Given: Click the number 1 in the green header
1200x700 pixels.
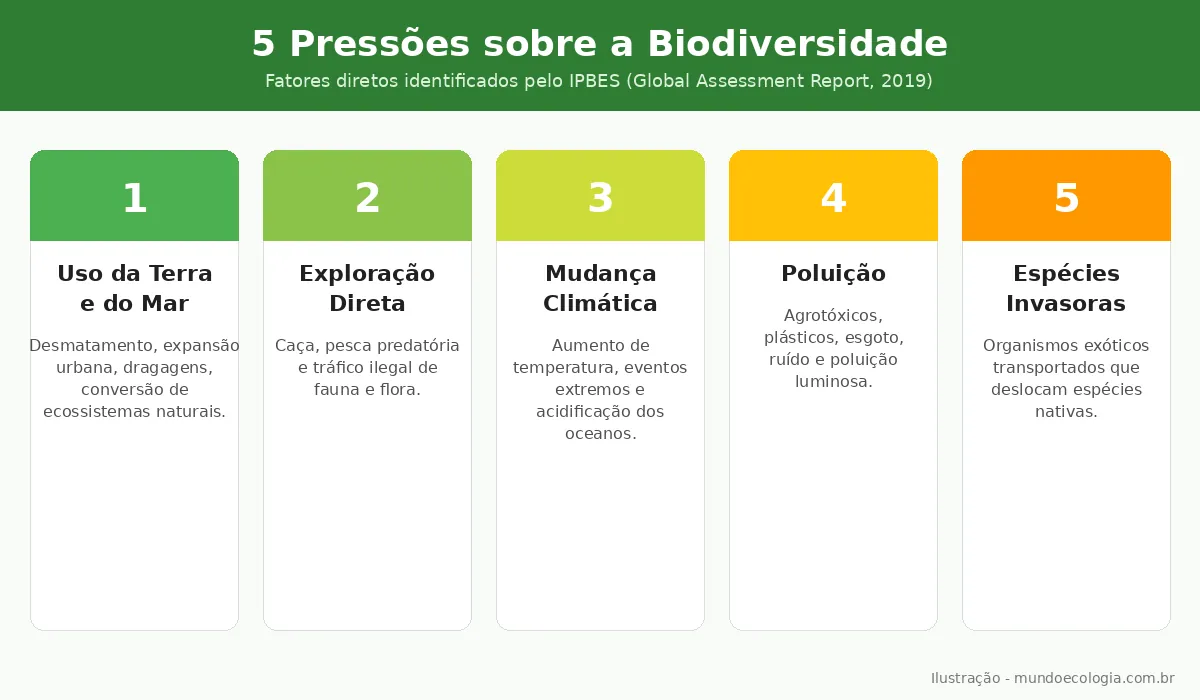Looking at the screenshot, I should pyautogui.click(x=134, y=198).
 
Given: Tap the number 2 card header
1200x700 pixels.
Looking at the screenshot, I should pyautogui.click(x=367, y=198).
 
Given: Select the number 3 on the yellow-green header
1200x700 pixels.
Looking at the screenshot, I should pyautogui.click(x=600, y=198).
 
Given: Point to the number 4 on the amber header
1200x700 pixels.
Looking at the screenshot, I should pyautogui.click(x=833, y=198).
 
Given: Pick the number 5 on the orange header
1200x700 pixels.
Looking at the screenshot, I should pyautogui.click(x=1066, y=198).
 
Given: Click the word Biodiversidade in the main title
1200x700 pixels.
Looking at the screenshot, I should pyautogui.click(x=797, y=44).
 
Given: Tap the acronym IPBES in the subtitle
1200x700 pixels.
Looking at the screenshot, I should pyautogui.click(x=594, y=81).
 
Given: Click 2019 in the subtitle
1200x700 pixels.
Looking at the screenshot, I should pyautogui.click(x=904, y=81).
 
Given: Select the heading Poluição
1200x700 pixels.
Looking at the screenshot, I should pyautogui.click(x=833, y=273).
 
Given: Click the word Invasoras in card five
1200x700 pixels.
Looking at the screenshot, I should pyautogui.click(x=1066, y=303).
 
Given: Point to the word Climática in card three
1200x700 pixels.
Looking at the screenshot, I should pyautogui.click(x=600, y=303).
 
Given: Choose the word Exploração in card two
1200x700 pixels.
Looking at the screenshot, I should pyautogui.click(x=367, y=273).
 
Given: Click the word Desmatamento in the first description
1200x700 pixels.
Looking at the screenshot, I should pyautogui.click(x=91, y=346).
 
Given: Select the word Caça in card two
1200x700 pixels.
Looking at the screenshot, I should pyautogui.click(x=294, y=346).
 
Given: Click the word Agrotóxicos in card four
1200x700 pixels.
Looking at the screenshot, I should pyautogui.click(x=833, y=316).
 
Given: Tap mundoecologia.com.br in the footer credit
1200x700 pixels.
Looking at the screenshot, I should pyautogui.click(x=1094, y=678).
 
